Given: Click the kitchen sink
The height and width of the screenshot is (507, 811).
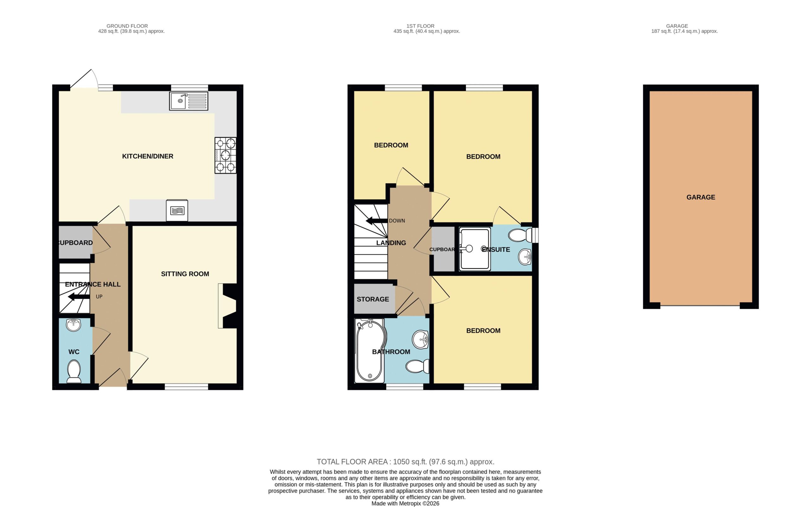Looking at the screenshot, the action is [x=189, y=101].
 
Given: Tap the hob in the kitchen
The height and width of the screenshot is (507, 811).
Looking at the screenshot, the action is [x=225, y=155].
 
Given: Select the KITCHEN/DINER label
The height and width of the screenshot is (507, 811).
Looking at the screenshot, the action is [x=148, y=156].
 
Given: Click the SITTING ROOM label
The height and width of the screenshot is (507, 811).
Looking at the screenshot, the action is [x=185, y=274].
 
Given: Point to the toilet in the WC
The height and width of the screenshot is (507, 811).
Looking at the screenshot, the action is [x=74, y=371].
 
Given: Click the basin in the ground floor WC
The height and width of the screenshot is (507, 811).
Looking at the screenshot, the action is [x=73, y=325].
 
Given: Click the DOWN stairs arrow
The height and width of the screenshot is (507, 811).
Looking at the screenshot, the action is [x=377, y=221].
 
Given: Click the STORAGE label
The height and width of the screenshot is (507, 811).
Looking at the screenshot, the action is [x=373, y=299].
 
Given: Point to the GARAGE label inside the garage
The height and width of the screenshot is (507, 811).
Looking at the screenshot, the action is [x=701, y=197].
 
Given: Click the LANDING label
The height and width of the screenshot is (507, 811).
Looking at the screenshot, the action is [x=391, y=243].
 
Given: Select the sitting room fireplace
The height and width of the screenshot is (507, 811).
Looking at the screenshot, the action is [x=228, y=306].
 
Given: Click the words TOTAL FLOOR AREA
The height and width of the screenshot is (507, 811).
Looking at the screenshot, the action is [x=352, y=462].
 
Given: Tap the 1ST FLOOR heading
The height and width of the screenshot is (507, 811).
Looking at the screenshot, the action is [x=420, y=26].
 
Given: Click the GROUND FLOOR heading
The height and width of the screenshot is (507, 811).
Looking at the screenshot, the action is [x=127, y=26].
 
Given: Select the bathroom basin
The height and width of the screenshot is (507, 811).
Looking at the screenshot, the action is [x=420, y=339].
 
